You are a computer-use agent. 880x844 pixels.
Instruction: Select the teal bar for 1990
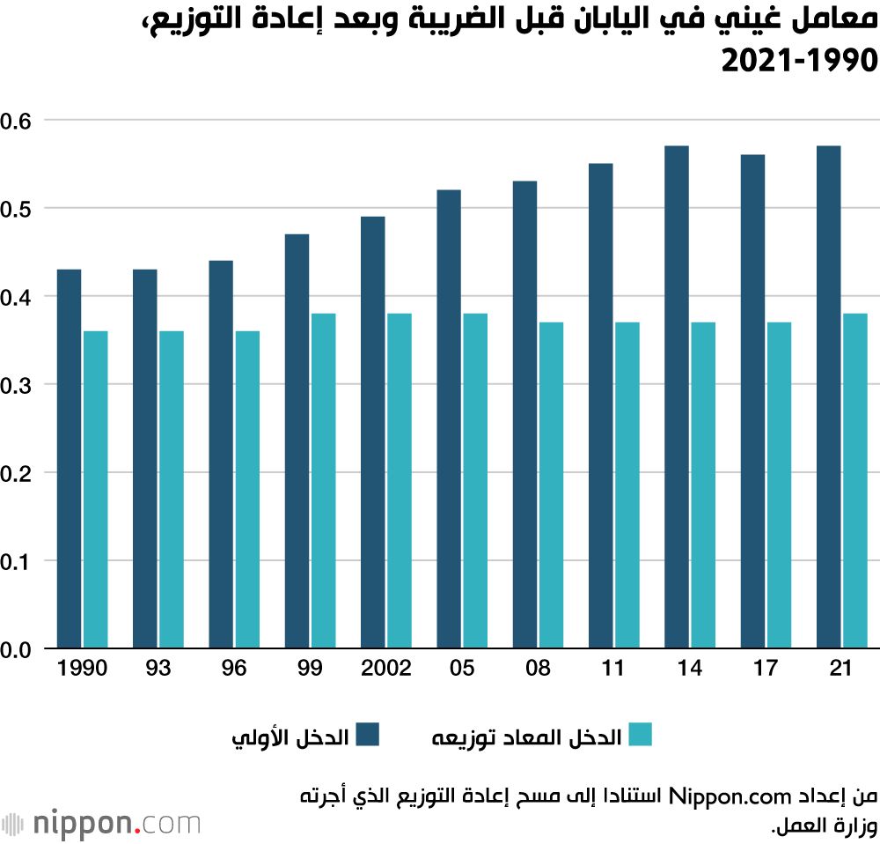coord(95,490)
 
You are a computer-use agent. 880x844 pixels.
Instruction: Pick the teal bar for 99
coord(323,481)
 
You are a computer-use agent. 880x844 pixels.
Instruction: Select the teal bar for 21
coord(855,481)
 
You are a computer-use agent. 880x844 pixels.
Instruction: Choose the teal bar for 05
coord(475,481)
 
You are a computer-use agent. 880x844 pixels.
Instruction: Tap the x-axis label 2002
coord(385,669)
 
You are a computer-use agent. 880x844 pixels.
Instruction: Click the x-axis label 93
coord(158,669)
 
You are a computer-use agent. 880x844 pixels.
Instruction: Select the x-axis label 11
coord(614,669)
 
